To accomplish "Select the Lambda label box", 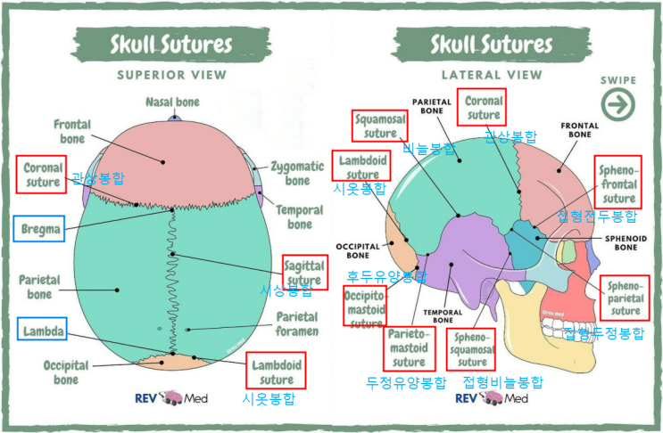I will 42,331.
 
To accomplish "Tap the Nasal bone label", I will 172,102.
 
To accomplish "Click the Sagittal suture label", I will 304,272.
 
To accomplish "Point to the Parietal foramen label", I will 296,324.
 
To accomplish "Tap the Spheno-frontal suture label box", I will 618,181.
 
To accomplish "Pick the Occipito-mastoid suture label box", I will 365,306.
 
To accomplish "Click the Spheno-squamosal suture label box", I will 473,348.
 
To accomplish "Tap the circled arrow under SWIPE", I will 617,104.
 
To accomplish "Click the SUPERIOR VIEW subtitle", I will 171,75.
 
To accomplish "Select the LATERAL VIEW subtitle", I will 492,75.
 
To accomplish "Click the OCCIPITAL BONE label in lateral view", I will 361,250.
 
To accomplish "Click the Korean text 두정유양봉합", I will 406,383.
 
